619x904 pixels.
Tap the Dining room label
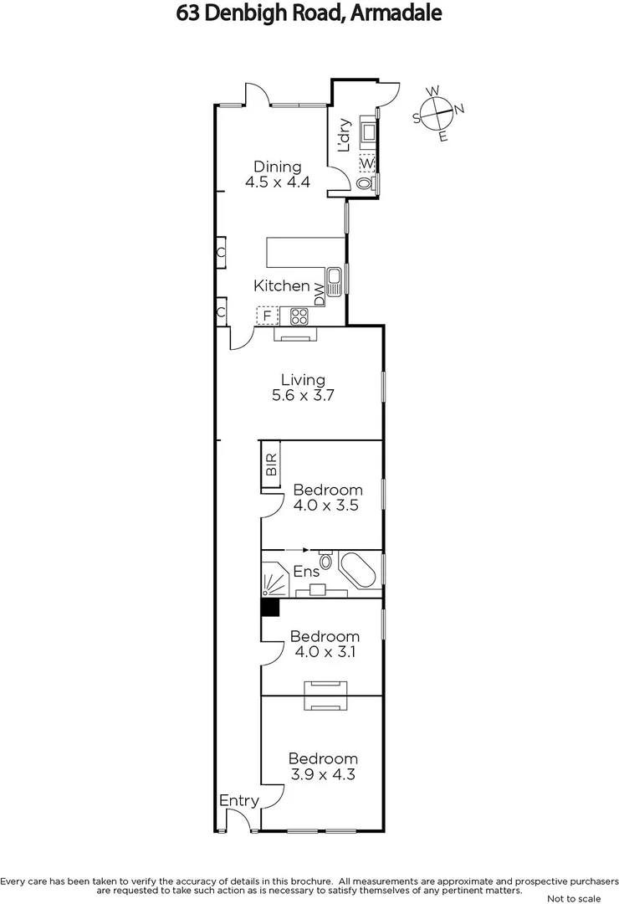[278, 174]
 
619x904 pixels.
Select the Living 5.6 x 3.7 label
[303, 388]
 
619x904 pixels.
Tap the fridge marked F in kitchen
[267, 316]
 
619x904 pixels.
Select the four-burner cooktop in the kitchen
[299, 316]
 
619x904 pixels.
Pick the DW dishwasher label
[319, 295]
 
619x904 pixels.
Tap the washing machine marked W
[367, 162]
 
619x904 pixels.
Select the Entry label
[238, 801]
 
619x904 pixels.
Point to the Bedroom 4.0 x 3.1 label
[325, 645]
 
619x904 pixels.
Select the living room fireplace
[295, 335]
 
